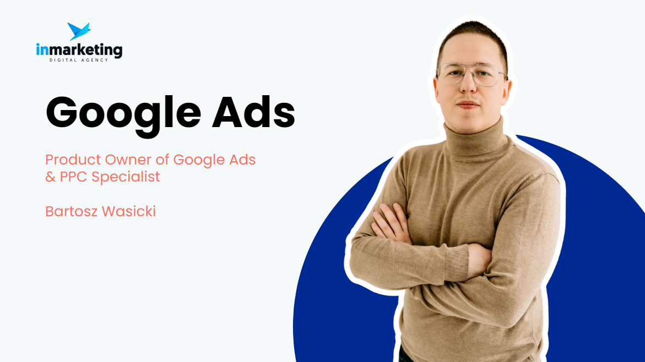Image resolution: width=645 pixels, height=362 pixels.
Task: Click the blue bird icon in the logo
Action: pyautogui.click(x=79, y=31)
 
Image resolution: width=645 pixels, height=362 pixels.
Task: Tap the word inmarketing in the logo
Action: pyautogui.click(x=79, y=51)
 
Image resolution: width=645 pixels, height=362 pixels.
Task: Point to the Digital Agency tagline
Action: pyautogui.click(x=79, y=60)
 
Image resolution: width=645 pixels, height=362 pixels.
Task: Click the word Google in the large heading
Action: pyautogui.click(x=123, y=112)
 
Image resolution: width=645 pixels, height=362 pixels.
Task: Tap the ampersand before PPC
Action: pyautogui.click(x=50, y=177)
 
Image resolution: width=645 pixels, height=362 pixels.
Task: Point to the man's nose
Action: pyautogui.click(x=469, y=88)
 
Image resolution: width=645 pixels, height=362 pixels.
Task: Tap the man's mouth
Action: pyautogui.click(x=468, y=105)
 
